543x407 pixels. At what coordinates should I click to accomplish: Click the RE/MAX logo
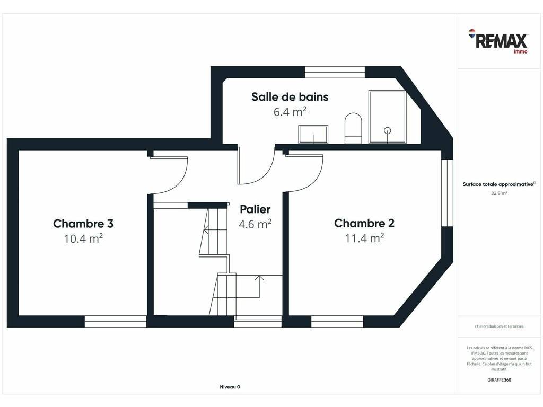coord(498,41)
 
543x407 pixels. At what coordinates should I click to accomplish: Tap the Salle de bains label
coord(290,97)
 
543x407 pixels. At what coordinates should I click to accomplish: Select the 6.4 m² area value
coord(290,112)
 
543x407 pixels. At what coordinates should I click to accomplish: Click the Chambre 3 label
coord(83,224)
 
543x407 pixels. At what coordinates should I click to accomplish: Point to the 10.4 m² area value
coord(83,238)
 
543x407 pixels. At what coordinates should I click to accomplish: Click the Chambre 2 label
coord(364,223)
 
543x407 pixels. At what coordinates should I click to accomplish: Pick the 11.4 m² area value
coord(364,238)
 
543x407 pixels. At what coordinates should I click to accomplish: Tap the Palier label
coord(255,209)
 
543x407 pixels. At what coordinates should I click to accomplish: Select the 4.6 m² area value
coord(255,224)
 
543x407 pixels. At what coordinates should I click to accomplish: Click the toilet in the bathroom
coord(353,128)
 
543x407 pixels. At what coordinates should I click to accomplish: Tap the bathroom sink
coord(313,134)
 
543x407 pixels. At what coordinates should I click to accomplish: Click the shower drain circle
coord(388,130)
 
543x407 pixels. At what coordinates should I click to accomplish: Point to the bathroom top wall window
coord(335,72)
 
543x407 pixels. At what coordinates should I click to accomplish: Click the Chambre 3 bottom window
coord(115,321)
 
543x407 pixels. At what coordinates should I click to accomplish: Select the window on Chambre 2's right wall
coord(447,193)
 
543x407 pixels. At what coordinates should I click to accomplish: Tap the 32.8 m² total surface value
coord(499,193)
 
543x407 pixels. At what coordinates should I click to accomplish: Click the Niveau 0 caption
coord(230,387)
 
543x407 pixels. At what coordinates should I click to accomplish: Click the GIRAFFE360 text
coord(499,379)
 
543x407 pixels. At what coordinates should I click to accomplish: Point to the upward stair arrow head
coord(259,278)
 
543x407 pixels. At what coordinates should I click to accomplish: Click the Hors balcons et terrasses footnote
coord(499,326)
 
